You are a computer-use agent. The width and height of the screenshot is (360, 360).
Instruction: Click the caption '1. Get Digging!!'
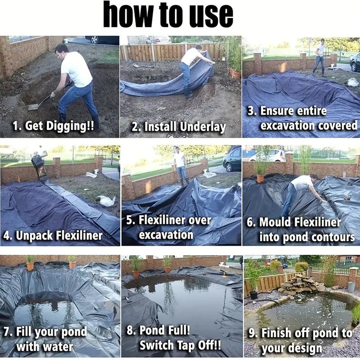[54, 126]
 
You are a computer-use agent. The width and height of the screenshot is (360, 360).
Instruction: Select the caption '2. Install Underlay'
[179, 127]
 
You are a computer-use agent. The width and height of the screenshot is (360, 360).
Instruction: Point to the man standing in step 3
[320, 56]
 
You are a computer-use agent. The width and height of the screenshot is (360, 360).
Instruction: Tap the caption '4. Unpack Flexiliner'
[53, 235]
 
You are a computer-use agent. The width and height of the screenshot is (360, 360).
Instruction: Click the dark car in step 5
[232, 158]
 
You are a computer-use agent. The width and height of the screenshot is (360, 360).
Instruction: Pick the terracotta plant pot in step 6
[261, 178]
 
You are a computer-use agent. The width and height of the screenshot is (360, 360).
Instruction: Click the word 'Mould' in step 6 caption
[275, 222]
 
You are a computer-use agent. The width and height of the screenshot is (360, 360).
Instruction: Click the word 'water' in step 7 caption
[45, 347]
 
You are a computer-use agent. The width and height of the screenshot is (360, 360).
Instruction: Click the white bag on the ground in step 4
[106, 201]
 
